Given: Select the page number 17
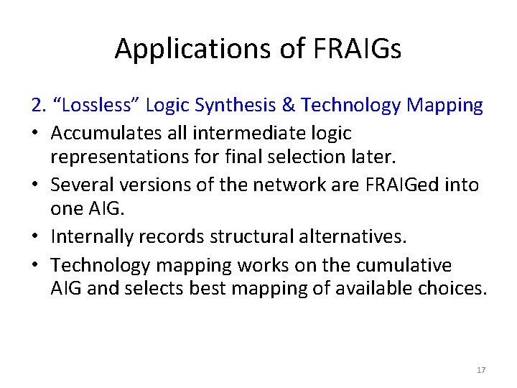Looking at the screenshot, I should pyautogui.click(x=480, y=370).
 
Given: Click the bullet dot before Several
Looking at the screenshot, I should pyautogui.click(x=37, y=185).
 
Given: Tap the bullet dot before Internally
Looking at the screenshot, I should pyautogui.click(x=37, y=236).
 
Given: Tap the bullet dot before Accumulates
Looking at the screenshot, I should pyautogui.click(x=37, y=133).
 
